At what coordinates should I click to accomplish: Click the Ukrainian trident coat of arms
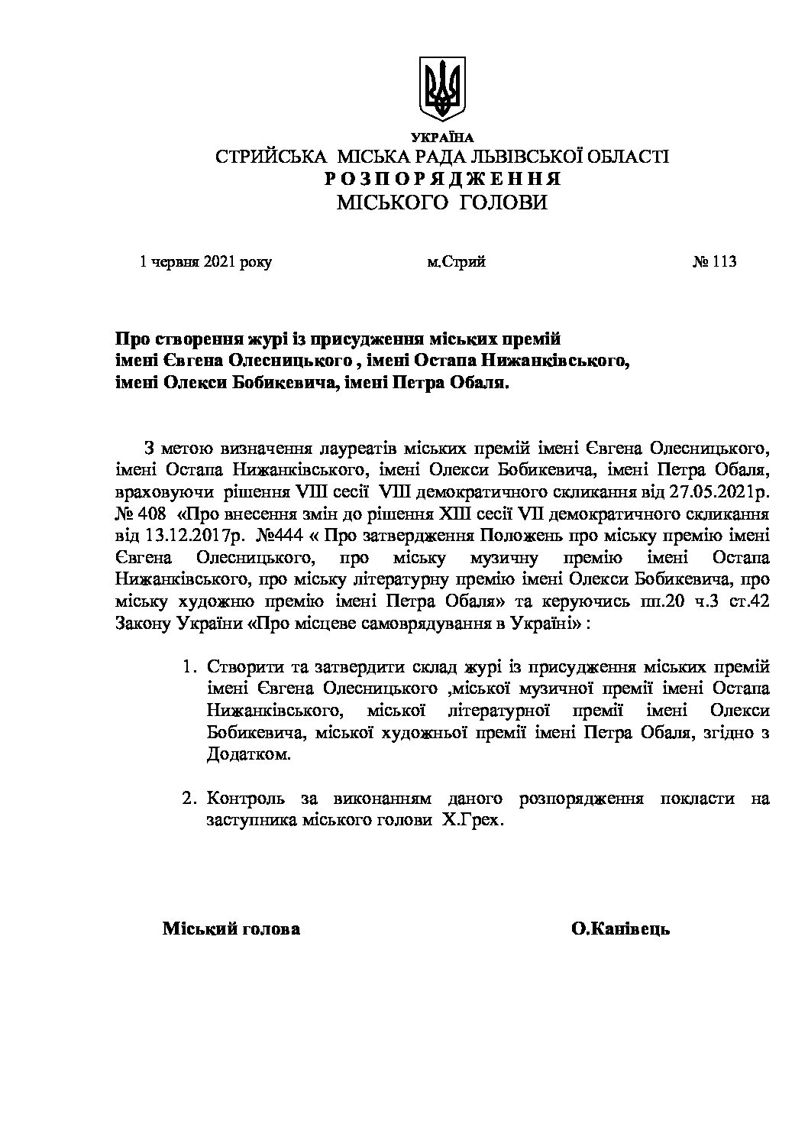coord(442,88)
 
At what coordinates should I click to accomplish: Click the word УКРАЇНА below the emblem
coord(442,138)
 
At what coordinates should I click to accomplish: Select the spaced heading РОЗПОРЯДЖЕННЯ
coord(442,180)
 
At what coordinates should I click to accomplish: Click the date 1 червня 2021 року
coord(205,262)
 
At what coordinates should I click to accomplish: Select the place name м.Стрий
coord(457,262)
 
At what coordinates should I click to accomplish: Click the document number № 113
coord(713,262)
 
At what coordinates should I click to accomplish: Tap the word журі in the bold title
coord(246,339)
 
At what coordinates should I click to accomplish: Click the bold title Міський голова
coord(231,929)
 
